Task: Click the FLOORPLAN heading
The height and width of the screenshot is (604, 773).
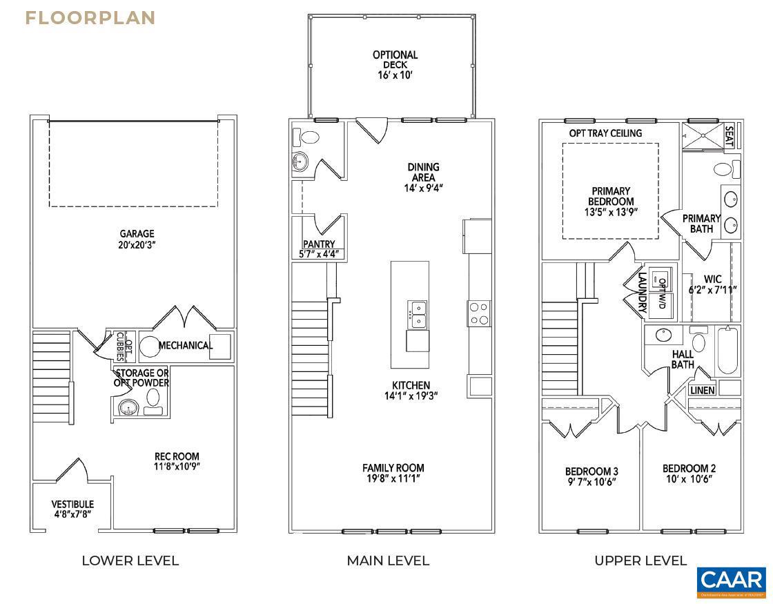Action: click(90, 19)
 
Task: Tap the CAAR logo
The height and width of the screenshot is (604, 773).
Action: click(731, 582)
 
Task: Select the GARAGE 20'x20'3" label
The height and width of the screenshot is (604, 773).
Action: click(137, 239)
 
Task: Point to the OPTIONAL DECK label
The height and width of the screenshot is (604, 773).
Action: click(395, 64)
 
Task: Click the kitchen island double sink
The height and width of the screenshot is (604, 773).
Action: click(416, 313)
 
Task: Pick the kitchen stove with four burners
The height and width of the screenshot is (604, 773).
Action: click(480, 313)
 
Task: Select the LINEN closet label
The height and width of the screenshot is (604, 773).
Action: click(703, 391)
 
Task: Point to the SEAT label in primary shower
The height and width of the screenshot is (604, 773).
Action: click(729, 136)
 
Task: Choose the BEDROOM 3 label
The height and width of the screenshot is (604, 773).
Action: click(591, 476)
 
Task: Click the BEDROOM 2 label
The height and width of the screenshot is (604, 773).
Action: click(689, 473)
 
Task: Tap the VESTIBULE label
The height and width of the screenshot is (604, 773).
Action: click(72, 509)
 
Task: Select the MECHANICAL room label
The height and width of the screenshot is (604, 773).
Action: click(185, 345)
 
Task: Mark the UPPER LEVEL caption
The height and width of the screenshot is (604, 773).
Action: click(640, 561)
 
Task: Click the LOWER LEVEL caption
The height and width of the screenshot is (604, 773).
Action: click(130, 561)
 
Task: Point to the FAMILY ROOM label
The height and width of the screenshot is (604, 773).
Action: click(393, 473)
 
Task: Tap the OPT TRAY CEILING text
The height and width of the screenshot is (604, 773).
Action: click(605, 133)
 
